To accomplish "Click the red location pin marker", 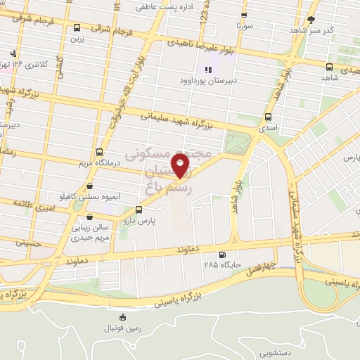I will pos(181,165).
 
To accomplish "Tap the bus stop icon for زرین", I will pos(77,28).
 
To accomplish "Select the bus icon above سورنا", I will pos(243,15).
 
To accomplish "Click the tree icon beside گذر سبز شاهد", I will pos(311,19).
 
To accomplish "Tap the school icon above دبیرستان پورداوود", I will pos(207,70).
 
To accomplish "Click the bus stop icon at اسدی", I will pos(268,117).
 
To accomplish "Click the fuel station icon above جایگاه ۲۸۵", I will pos(223,255).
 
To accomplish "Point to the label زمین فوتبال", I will pos(123,327).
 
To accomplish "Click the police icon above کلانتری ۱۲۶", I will pos(13,53).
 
